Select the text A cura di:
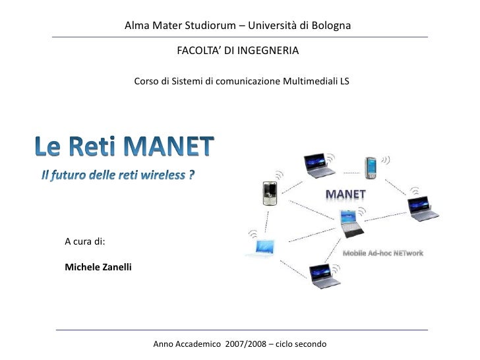84,241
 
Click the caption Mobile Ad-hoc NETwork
382,253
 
